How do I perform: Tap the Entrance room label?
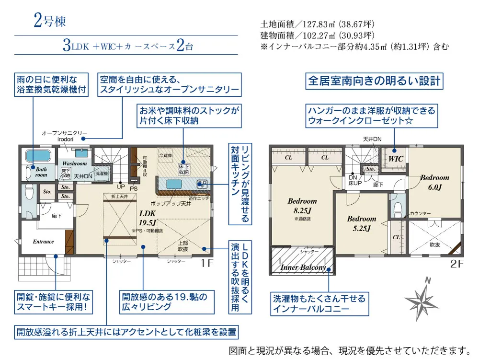(x=43, y=242)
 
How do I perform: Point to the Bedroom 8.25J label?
(x=302, y=206)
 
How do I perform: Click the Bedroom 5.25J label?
(x=362, y=223)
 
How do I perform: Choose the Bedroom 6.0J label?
(x=434, y=182)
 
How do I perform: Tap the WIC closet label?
(x=395, y=158)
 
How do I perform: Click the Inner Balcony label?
(x=303, y=267)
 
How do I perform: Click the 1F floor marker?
(x=205, y=263)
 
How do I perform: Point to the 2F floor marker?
(x=456, y=263)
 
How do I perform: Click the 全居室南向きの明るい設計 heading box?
(x=374, y=81)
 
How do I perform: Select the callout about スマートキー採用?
(x=53, y=302)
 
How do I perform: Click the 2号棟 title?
(x=50, y=21)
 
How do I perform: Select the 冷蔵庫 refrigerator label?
(x=165, y=156)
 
